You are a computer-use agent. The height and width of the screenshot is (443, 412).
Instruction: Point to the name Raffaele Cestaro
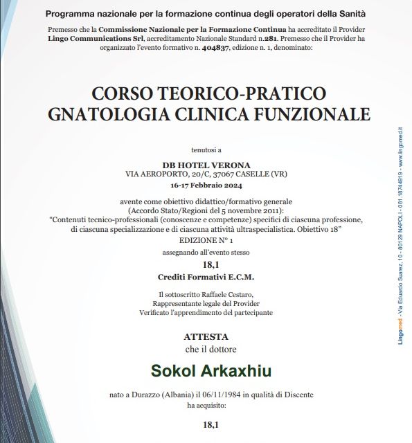pos(222,294)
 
